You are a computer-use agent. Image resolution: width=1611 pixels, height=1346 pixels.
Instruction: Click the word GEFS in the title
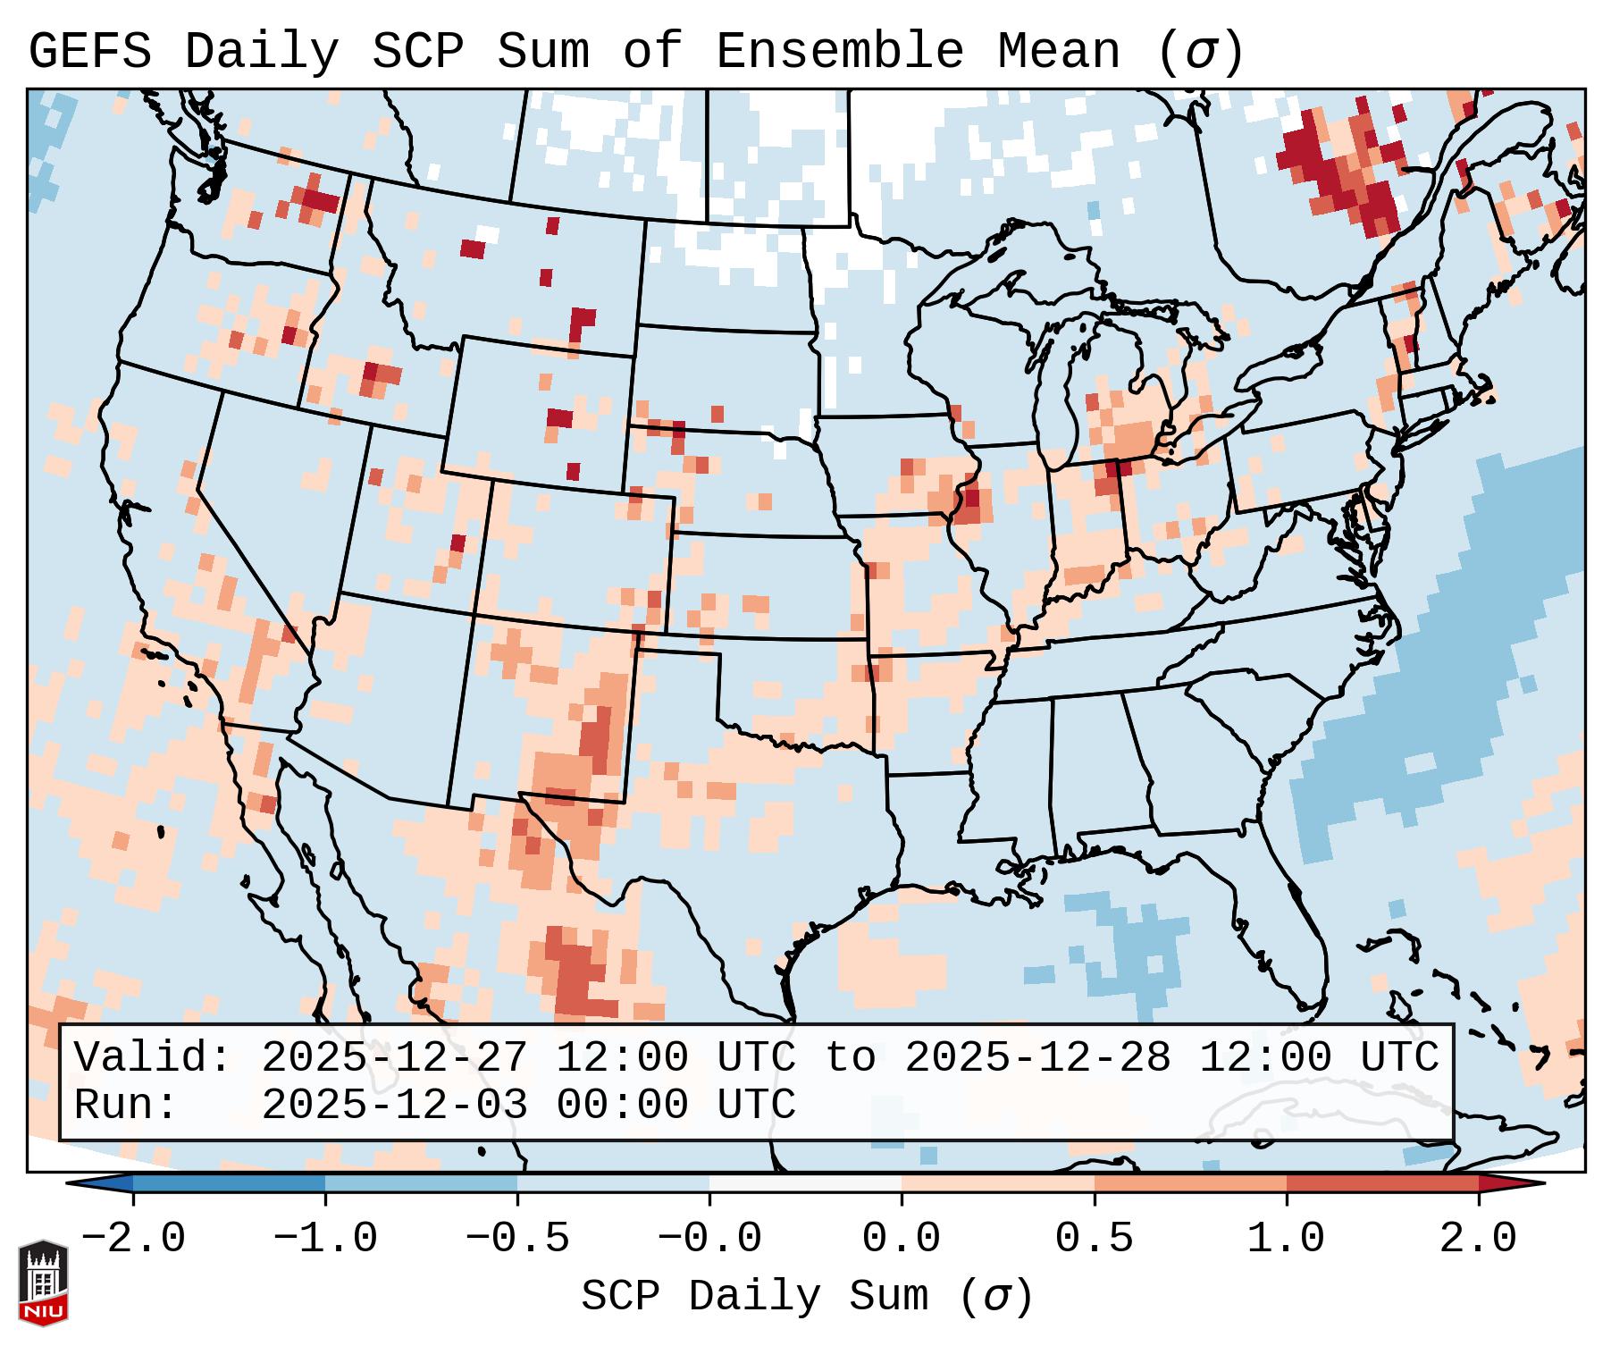tap(89, 51)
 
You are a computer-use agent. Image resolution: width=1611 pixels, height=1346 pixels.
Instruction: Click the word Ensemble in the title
tap(839, 51)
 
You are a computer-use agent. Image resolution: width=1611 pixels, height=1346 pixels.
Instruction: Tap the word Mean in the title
tap(1058, 51)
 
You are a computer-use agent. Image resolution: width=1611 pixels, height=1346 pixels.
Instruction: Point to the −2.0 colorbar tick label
tap(133, 1239)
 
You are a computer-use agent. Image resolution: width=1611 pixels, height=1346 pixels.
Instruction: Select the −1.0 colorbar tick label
tap(325, 1239)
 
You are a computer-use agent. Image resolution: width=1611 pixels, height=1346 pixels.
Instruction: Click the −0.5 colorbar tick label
tap(517, 1239)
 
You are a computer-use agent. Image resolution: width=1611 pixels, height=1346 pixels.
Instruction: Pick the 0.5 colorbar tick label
tap(1094, 1239)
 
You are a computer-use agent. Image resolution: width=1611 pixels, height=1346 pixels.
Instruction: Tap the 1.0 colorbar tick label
tap(1286, 1239)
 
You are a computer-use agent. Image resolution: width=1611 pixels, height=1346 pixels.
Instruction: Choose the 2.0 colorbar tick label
tap(1478, 1239)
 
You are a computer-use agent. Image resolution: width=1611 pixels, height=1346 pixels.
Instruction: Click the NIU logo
tap(43, 1282)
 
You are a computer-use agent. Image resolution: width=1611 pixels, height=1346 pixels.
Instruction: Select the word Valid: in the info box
tap(153, 1057)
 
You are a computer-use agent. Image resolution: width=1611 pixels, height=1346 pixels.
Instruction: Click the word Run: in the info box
tap(126, 1105)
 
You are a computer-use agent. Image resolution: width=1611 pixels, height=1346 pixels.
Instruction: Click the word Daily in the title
tap(261, 51)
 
